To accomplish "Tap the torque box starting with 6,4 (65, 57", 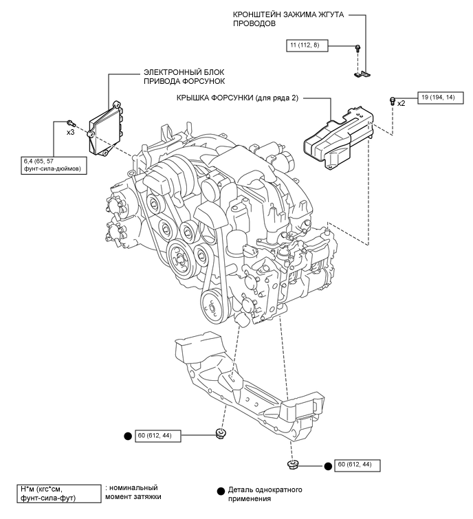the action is (x=54, y=166).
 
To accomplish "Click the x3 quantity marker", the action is (x=71, y=133).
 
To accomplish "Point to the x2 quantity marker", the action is (x=401, y=104).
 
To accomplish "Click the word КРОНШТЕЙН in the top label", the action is (x=256, y=15).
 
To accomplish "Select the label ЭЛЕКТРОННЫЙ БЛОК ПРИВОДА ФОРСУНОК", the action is (x=184, y=76).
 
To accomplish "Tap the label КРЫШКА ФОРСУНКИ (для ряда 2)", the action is (x=237, y=98).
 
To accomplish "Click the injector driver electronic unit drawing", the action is (x=106, y=129).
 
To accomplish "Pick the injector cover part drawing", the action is (x=338, y=137).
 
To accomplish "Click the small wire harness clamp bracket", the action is (x=362, y=74).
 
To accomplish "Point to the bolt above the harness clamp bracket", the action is (x=357, y=48).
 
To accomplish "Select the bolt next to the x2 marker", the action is (x=393, y=100).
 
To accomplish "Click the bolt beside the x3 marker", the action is (x=71, y=123).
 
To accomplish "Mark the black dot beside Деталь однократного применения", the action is (x=221, y=492).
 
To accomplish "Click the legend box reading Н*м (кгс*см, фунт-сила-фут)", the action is (x=59, y=494).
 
